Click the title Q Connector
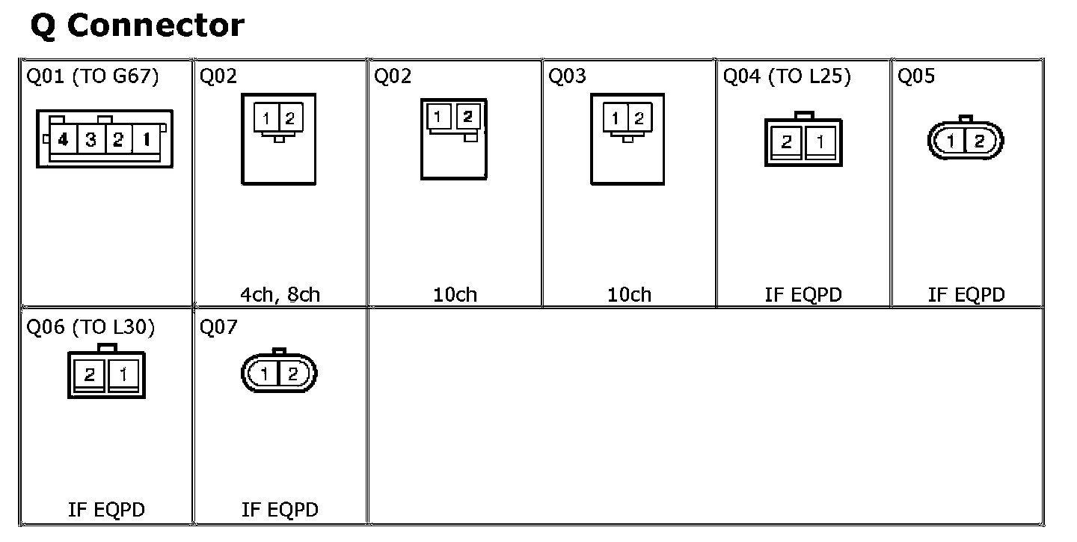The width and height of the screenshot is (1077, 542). pos(137,26)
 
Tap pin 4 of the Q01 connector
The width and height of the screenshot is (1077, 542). pos(64,139)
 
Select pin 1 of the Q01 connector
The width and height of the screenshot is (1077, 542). pos(146,139)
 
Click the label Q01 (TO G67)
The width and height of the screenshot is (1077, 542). pos(93,76)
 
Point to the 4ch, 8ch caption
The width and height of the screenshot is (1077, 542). pos(280,294)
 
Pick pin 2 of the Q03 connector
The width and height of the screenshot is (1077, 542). pos(639,118)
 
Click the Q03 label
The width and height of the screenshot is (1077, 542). pos(567,76)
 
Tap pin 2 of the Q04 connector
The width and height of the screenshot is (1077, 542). pos(786,141)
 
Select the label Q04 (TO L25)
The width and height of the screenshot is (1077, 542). pos(787,76)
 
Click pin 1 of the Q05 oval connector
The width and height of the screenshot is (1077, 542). pos(951,141)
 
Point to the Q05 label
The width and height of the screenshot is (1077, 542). pos(916,76)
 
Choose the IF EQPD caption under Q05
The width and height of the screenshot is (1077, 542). pos(966,294)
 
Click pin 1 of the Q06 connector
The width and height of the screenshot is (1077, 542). pos(123,374)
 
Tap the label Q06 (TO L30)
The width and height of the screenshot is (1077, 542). pos(90,328)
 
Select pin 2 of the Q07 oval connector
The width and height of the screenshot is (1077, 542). pos(292,374)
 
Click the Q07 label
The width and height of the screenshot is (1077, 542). pos(218,328)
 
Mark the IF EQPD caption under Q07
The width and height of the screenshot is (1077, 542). pos(280,510)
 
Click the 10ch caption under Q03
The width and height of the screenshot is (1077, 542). pos(629,294)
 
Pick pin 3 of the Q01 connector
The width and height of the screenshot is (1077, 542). pos(90,139)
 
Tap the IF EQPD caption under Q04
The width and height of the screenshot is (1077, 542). pos(803,294)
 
